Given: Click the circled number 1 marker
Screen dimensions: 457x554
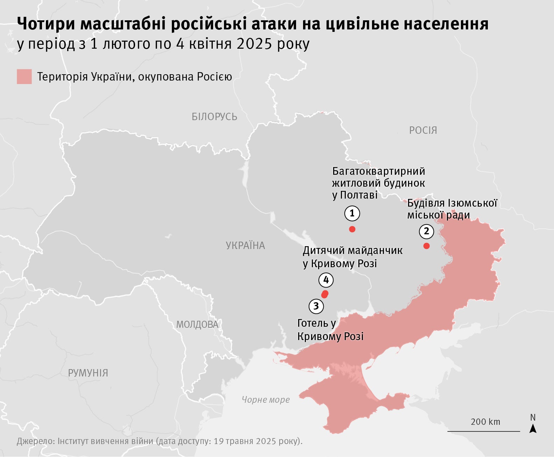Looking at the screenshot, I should [x=352, y=213].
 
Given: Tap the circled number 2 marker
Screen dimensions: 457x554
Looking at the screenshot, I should [x=426, y=231].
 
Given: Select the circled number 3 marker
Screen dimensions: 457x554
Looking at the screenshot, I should [x=316, y=306].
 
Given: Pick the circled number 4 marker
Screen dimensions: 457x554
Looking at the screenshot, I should [x=326, y=280].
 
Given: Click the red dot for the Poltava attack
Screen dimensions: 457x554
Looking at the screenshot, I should [x=352, y=229].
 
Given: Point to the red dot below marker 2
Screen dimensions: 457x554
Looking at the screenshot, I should [x=426, y=246].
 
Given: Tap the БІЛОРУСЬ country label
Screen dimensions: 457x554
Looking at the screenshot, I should [x=214, y=117].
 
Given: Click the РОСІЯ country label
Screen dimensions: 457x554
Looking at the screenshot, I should [x=423, y=130].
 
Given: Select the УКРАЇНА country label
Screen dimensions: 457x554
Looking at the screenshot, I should [x=245, y=245].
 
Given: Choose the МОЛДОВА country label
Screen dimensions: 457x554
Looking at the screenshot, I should [x=197, y=325].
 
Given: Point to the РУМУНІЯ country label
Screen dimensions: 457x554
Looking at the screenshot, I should [x=88, y=373].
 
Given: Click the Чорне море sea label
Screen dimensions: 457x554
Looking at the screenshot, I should [x=266, y=400].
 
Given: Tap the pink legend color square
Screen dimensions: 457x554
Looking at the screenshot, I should [x=24, y=77].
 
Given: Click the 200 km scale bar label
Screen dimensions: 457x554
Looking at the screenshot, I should [x=485, y=422].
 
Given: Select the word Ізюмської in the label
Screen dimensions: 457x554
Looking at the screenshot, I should [x=477, y=203].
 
